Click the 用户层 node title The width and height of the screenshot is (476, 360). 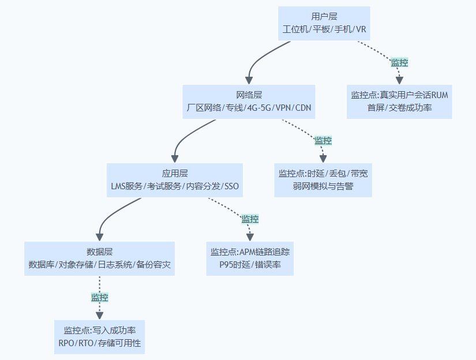(324, 17)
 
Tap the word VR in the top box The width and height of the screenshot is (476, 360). (361, 29)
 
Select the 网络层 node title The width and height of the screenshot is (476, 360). (249, 95)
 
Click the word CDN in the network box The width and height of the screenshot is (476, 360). (304, 108)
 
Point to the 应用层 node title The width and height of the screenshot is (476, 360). (175, 173)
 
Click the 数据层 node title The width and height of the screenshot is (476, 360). (99, 252)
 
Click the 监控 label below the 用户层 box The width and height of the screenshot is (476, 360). (399, 62)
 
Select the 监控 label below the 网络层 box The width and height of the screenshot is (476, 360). (323, 140)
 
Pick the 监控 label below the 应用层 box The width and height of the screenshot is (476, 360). (250, 219)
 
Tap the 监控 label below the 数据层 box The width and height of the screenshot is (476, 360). (99, 298)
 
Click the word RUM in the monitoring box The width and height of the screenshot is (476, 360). (440, 95)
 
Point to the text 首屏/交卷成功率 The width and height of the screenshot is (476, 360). (399, 107)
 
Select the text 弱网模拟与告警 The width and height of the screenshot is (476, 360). (323, 186)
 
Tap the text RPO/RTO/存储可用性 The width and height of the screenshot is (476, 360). (99, 343)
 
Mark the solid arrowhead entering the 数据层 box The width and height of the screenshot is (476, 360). (99, 237)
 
